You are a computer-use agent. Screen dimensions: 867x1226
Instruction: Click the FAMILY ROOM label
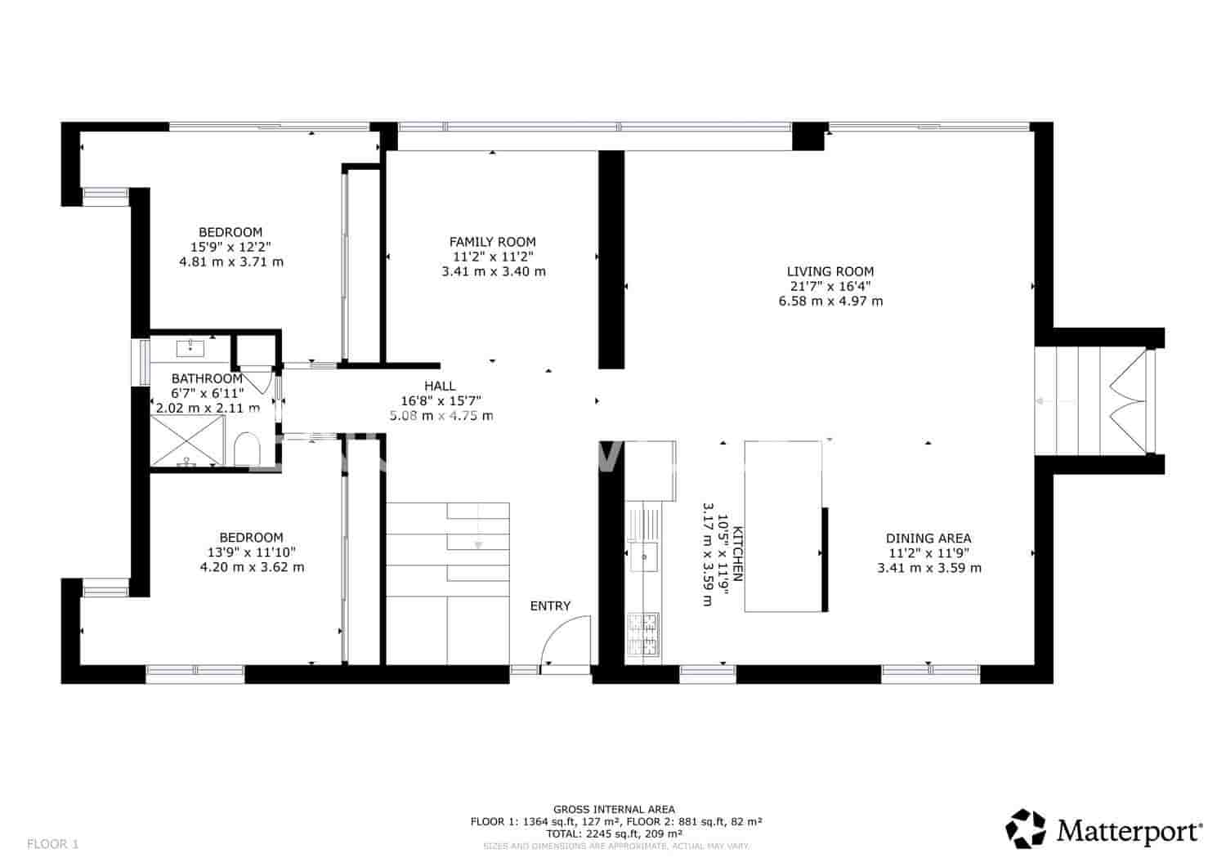[x=493, y=242]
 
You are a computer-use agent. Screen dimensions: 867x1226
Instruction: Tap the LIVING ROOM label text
[x=830, y=271]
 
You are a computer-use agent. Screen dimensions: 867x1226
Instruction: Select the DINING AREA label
[x=928, y=539]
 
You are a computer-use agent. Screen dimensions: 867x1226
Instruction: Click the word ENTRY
[x=550, y=606]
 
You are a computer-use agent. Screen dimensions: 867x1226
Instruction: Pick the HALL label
[x=440, y=386]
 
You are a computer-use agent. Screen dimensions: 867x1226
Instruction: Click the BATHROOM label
[x=207, y=379]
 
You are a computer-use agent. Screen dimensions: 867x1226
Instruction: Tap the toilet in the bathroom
[x=246, y=449]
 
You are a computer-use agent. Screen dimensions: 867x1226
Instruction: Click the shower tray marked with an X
[x=187, y=440]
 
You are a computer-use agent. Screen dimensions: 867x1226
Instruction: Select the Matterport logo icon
[x=1026, y=829]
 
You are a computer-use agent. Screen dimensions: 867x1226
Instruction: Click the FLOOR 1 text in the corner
[x=53, y=843]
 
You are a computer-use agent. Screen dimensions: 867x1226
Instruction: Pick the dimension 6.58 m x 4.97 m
[x=830, y=301]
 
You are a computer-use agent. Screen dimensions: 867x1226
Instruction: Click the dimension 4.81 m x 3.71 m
[x=231, y=262]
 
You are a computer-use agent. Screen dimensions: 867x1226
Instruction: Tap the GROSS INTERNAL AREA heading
[x=614, y=810]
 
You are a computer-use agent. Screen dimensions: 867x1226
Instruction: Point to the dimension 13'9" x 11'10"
[x=252, y=552]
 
